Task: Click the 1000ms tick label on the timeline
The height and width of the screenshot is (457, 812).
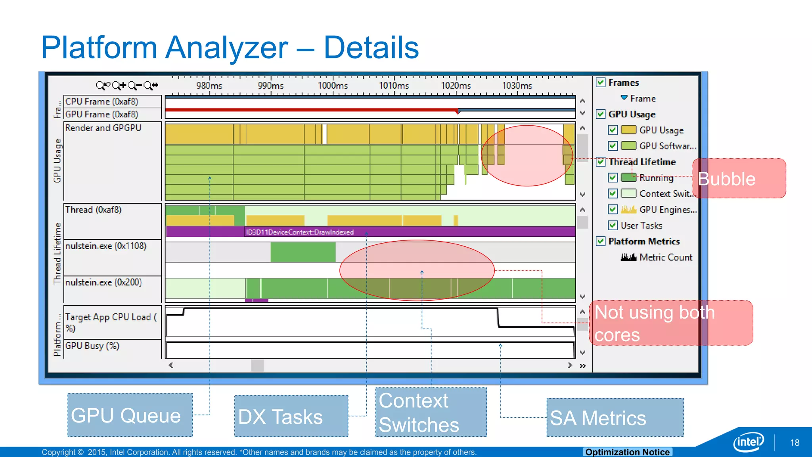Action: click(332, 85)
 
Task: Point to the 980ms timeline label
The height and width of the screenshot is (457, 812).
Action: click(209, 85)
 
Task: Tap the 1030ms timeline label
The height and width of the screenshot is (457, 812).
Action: click(517, 85)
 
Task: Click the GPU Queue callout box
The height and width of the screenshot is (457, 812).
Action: click(130, 415)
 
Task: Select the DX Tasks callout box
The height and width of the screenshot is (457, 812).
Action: click(291, 416)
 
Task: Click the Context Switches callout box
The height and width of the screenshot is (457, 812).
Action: click(431, 412)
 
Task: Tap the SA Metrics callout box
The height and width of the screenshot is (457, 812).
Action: click(615, 417)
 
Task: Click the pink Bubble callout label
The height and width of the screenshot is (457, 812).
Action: click(739, 179)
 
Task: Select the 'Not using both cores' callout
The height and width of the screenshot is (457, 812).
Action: click(671, 323)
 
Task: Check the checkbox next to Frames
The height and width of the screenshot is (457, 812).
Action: click(601, 83)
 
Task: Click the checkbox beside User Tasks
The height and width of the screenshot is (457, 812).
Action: click(613, 225)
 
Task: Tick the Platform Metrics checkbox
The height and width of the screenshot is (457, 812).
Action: click(601, 241)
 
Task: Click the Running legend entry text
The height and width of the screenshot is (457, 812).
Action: click(656, 178)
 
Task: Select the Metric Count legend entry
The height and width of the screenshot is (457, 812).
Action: click(665, 257)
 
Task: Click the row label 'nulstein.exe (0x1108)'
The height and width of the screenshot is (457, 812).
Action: click(106, 246)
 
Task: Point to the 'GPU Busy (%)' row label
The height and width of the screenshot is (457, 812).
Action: click(92, 346)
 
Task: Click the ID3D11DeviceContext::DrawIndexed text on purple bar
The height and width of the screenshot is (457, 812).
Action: click(300, 232)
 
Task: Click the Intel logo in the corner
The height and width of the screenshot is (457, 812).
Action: click(748, 442)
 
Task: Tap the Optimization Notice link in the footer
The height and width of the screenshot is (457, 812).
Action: click(627, 452)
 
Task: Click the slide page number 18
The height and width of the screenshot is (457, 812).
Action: click(795, 443)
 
